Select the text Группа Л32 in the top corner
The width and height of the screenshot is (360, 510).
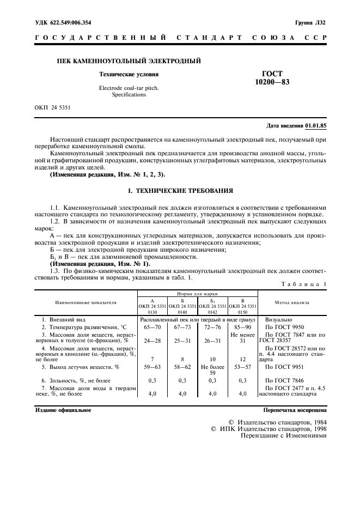tap(310, 23)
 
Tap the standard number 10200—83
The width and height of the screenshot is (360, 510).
tap(276, 82)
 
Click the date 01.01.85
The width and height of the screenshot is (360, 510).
tap(316, 125)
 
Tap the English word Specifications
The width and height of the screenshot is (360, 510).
tap(129, 94)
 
